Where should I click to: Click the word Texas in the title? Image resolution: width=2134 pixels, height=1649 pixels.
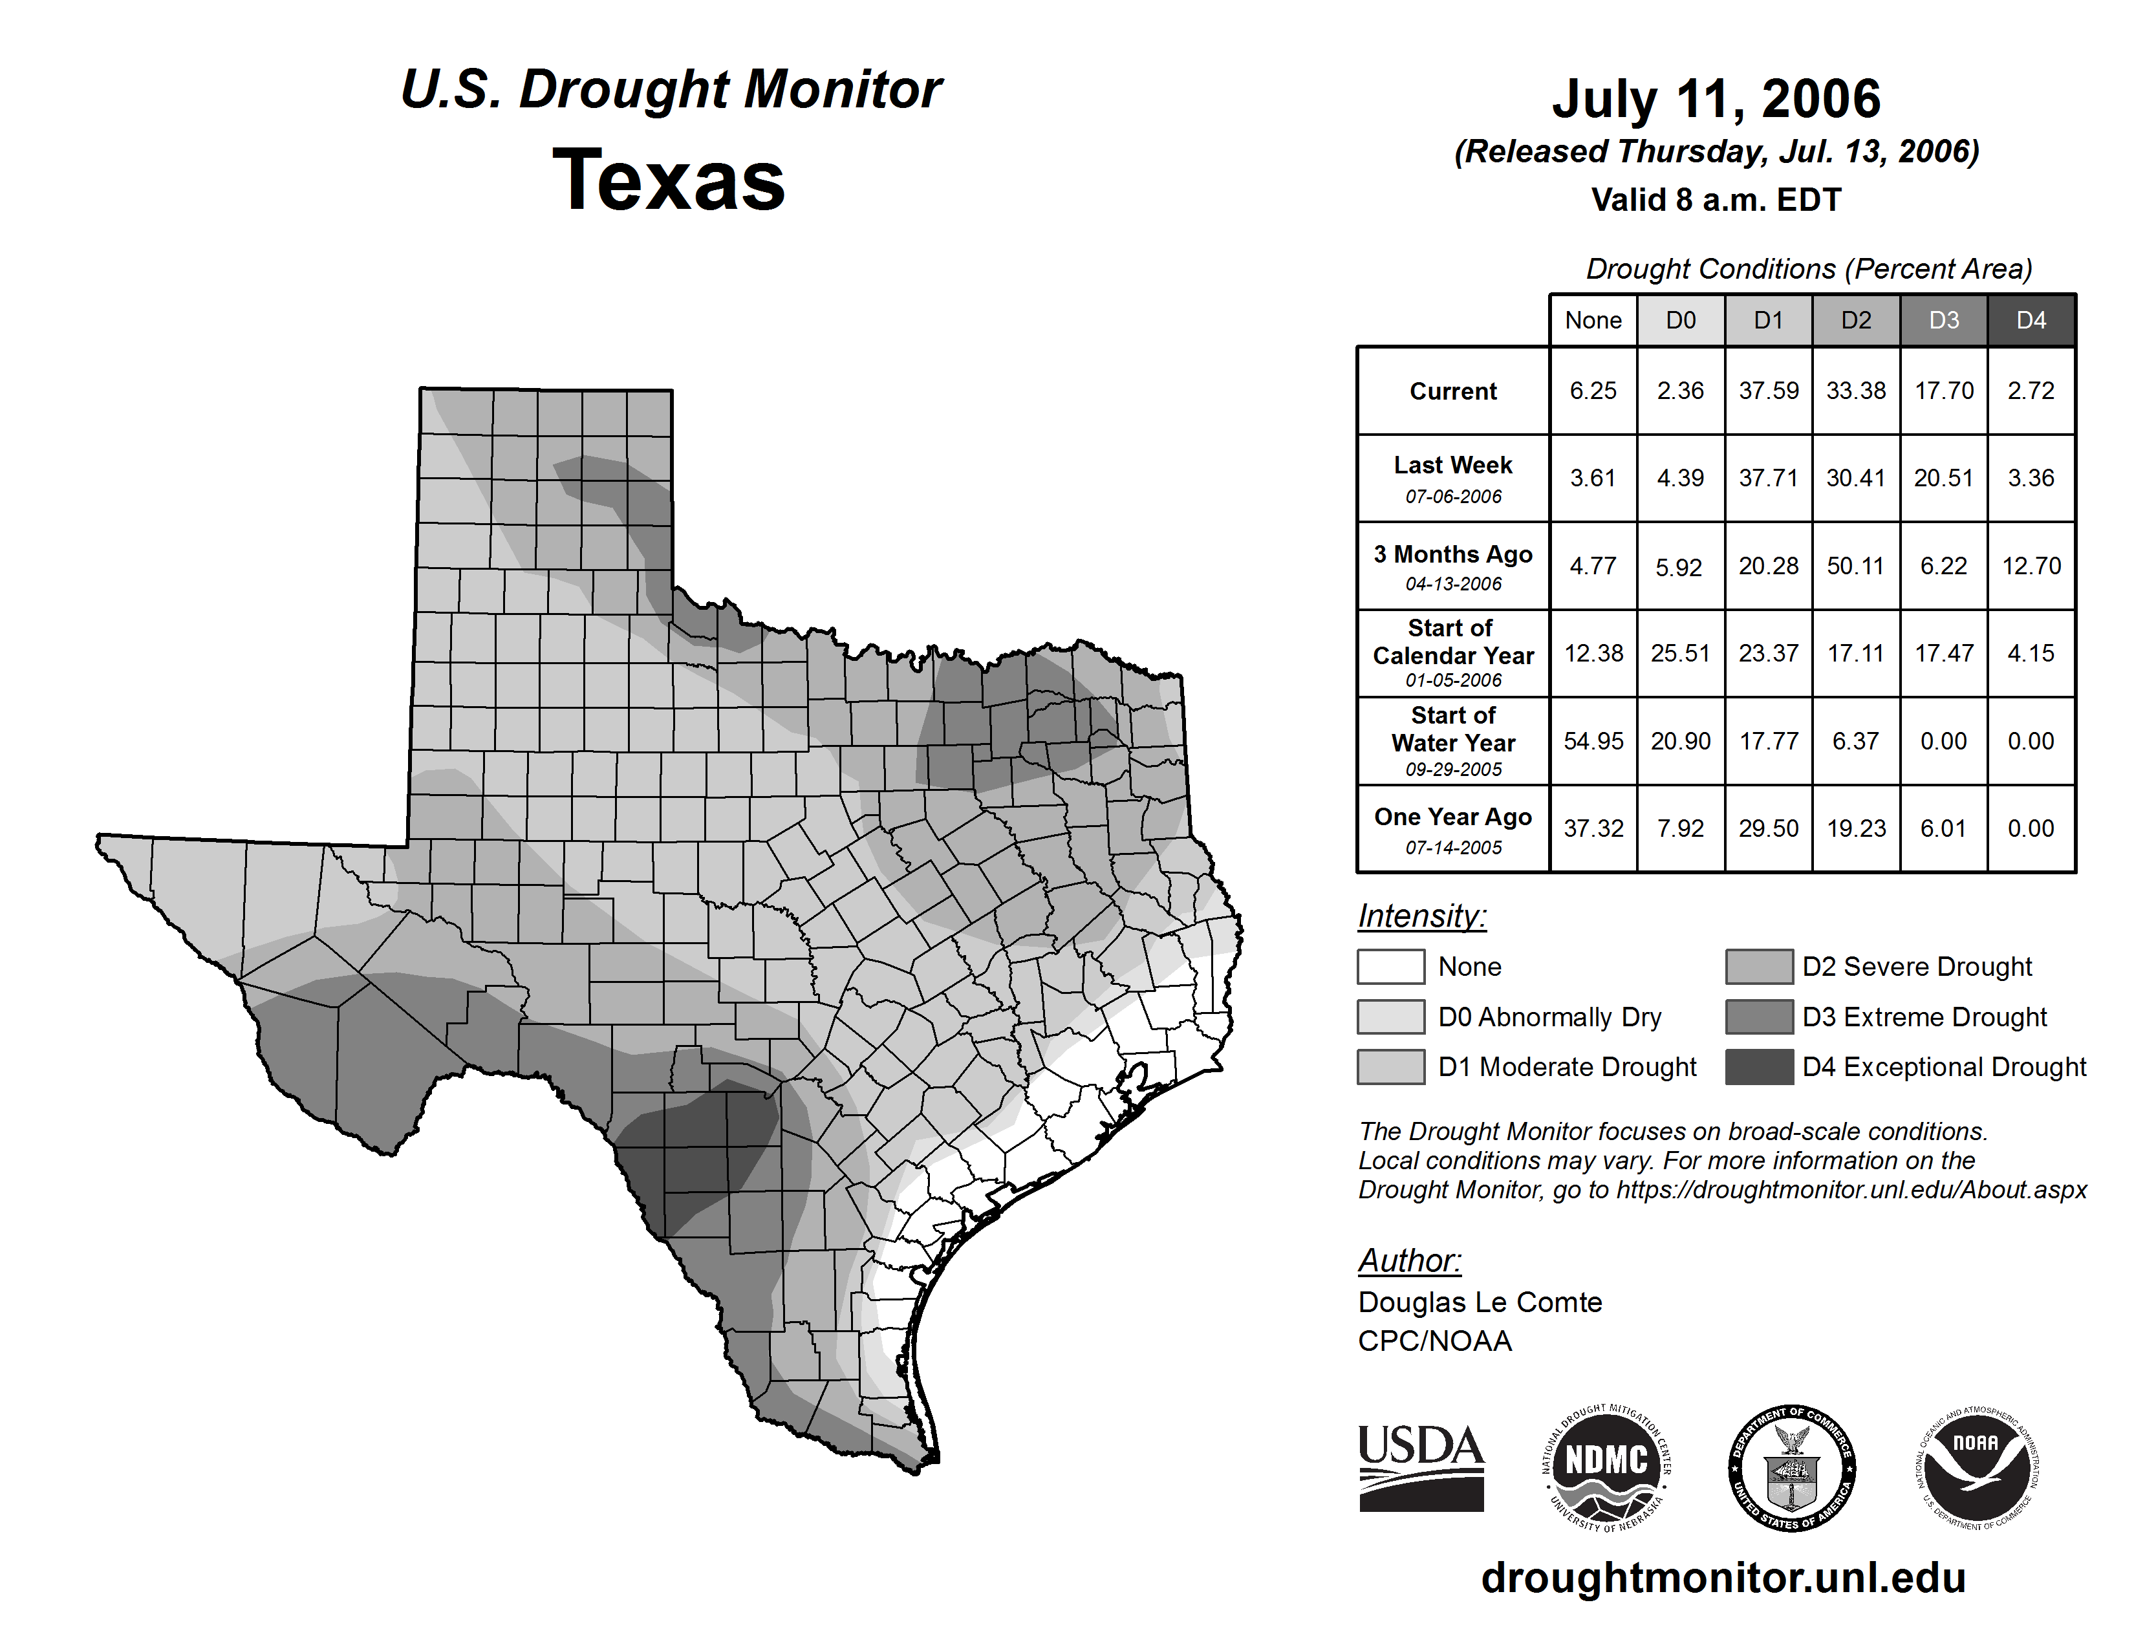(x=669, y=180)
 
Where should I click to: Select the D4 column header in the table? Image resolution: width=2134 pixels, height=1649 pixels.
(x=2031, y=320)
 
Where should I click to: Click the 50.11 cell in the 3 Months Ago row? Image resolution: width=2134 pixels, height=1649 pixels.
(x=1855, y=566)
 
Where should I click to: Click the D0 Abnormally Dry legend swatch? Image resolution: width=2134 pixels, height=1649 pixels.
(x=1390, y=1017)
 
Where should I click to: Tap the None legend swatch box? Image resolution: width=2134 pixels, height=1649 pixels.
(x=1390, y=966)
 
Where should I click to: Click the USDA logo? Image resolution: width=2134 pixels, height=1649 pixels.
(x=1421, y=1467)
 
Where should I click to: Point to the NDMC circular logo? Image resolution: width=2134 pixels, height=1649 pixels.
(x=1606, y=1467)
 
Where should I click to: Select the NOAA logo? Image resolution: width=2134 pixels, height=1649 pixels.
(x=1976, y=1467)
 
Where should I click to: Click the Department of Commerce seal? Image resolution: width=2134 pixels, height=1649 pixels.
(x=1791, y=1467)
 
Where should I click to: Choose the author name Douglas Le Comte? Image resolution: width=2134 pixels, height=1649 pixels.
(x=1480, y=1302)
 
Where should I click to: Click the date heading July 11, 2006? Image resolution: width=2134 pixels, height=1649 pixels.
(x=1716, y=99)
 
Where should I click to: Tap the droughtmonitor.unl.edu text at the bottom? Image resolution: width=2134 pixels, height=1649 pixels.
(x=1723, y=1578)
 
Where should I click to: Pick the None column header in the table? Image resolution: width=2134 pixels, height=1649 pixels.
(x=1593, y=320)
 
